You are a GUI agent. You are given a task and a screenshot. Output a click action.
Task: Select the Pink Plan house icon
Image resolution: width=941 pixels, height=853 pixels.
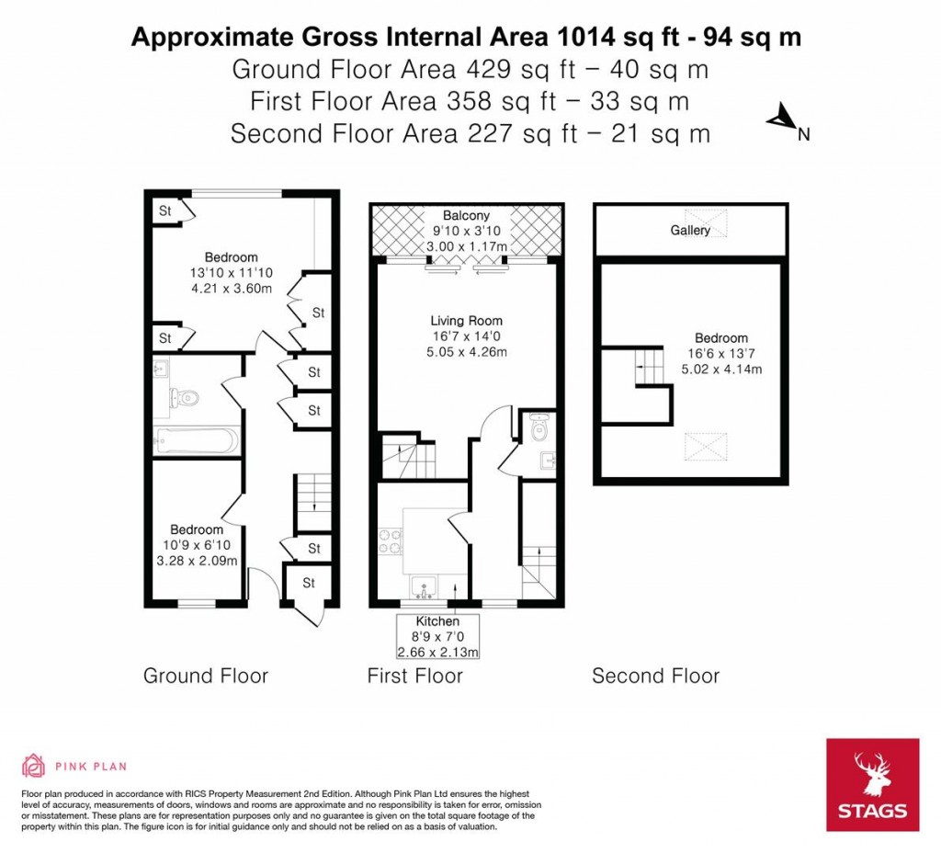pyautogui.click(x=34, y=766)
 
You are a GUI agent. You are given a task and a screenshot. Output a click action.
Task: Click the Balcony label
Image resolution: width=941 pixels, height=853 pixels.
pyautogui.click(x=466, y=215)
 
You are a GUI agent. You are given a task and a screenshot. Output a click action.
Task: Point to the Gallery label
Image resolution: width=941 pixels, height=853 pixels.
pyautogui.click(x=690, y=230)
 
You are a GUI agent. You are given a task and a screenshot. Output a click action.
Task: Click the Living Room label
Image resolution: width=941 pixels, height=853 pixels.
pyautogui.click(x=466, y=321)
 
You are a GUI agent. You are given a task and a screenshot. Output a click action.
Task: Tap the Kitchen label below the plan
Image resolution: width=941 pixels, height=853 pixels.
pyautogui.click(x=437, y=621)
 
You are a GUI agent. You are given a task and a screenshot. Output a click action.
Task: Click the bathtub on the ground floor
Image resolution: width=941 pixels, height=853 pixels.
pyautogui.click(x=197, y=441)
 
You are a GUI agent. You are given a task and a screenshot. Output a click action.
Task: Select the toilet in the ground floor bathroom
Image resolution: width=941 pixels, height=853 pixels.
pyautogui.click(x=184, y=397)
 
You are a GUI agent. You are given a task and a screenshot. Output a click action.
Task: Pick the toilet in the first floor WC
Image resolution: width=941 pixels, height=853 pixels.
pyautogui.click(x=539, y=426)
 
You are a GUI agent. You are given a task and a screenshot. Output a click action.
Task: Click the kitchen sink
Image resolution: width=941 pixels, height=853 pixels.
pyautogui.click(x=425, y=586)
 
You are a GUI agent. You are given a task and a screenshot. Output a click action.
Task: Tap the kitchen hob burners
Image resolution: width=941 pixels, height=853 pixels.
pyautogui.click(x=390, y=542)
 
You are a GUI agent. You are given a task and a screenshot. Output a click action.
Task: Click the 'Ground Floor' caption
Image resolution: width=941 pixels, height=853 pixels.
pyautogui.click(x=205, y=676)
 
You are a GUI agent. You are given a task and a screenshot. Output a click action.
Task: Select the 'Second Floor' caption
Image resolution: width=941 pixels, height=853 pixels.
pyautogui.click(x=655, y=676)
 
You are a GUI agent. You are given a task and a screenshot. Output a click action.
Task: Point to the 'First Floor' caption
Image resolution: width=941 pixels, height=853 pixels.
pyautogui.click(x=415, y=676)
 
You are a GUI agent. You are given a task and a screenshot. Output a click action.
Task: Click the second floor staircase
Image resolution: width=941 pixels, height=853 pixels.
pyautogui.click(x=651, y=366)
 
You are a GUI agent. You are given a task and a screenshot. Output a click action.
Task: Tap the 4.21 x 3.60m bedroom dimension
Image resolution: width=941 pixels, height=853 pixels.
pyautogui.click(x=231, y=288)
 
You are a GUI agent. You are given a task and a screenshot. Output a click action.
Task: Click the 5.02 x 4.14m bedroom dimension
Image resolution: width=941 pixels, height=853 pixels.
pyautogui.click(x=721, y=370)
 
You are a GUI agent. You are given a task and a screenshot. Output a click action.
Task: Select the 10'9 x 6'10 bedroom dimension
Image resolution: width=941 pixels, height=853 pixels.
pyautogui.click(x=197, y=545)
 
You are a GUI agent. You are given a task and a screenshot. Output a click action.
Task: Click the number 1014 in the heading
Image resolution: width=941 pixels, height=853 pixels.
pyautogui.click(x=585, y=37)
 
